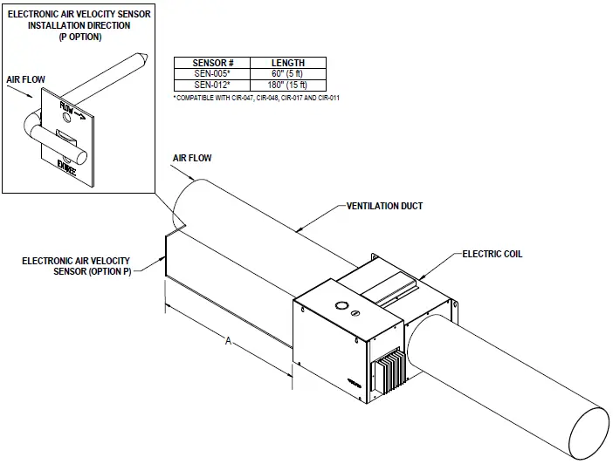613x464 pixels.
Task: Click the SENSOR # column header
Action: tap(212, 63)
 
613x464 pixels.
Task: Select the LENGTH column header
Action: tap(288, 63)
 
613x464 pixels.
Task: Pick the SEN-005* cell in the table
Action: tap(212, 73)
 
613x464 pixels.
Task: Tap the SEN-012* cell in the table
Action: tap(212, 84)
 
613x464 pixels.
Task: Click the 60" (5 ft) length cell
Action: tap(288, 73)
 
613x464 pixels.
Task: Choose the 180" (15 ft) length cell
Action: tap(288, 84)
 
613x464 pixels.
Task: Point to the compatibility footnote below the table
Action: tap(257, 98)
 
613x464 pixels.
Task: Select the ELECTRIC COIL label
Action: tap(492, 255)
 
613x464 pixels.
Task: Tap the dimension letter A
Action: tap(228, 343)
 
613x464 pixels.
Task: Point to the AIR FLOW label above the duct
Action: tap(192, 158)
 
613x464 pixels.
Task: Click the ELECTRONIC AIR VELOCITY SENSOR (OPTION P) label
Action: tap(77, 266)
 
